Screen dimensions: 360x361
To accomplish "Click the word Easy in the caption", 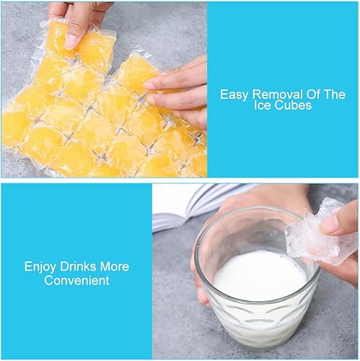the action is (234, 95).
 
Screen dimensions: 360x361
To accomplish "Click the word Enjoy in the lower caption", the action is (40, 267).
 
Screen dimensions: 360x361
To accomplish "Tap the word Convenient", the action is (76, 281).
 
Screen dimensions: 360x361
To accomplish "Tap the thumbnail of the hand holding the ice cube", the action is (330, 226).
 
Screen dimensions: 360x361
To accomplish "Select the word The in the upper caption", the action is (335, 94).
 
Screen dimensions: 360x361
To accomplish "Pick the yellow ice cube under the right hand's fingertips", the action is (136, 72).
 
